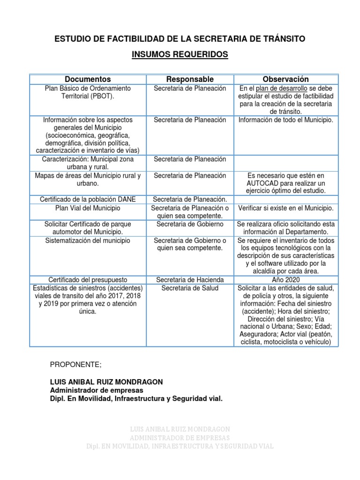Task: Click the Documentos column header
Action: click(88, 79)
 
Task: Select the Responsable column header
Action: click(190, 79)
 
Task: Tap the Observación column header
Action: click(285, 79)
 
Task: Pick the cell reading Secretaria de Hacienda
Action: click(190, 279)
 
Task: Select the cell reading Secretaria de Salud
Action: click(190, 288)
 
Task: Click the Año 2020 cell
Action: click(285, 279)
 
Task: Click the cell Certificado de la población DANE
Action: click(88, 199)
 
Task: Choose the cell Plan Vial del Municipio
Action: click(88, 208)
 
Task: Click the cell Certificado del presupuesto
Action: click(88, 279)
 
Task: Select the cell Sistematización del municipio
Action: click(88, 240)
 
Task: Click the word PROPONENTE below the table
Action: click(75, 365)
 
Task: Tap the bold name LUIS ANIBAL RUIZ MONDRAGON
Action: click(106, 382)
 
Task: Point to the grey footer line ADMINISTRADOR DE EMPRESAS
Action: click(180, 438)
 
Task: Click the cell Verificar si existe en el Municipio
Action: click(285, 208)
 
